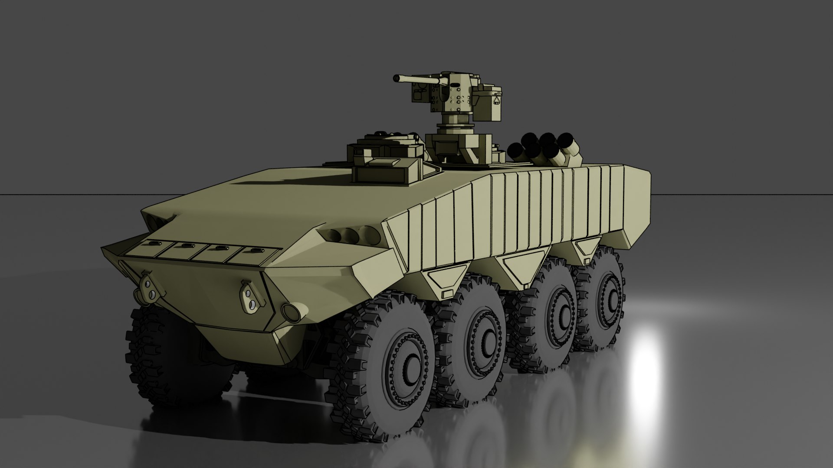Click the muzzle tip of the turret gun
(396, 78)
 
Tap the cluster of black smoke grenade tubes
(544, 149)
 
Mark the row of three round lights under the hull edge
(349, 236)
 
